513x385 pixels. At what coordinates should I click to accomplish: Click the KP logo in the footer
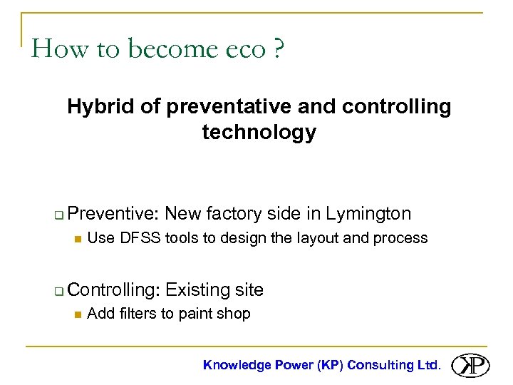coord(471,364)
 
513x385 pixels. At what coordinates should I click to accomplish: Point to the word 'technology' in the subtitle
coord(259,132)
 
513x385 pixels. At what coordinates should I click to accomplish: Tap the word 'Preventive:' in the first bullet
coord(115,213)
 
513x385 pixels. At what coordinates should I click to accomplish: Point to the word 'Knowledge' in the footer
coord(237,365)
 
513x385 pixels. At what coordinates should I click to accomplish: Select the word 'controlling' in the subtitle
coord(396,107)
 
